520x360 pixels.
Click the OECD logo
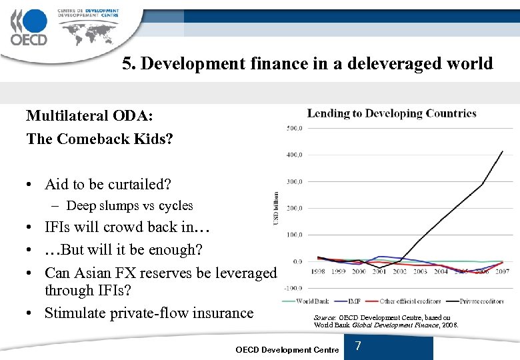tap(29, 27)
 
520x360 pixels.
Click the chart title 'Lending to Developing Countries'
tap(391, 113)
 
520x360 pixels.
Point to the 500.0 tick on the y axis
tap(294, 128)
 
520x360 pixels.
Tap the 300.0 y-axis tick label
tap(294, 181)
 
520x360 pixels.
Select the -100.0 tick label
tap(293, 288)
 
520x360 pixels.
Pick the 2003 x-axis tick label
tap(420, 272)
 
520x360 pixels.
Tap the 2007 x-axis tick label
tap(502, 272)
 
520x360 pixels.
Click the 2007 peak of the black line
tap(503, 151)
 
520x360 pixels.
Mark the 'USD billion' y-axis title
tap(277, 208)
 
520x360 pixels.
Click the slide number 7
tap(358, 346)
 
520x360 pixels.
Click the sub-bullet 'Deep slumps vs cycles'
tap(129, 206)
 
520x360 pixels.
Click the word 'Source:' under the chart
tap(325, 317)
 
